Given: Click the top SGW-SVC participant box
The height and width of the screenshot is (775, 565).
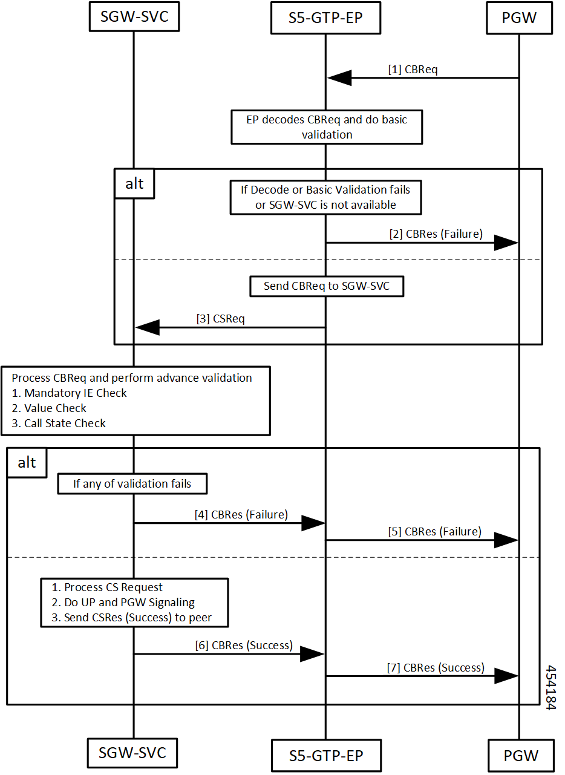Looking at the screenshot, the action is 134,16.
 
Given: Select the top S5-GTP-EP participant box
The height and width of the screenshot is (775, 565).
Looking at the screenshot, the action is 325,18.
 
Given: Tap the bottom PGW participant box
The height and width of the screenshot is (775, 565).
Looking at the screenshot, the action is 521,756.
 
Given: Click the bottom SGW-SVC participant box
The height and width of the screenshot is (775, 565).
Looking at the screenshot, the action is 132,753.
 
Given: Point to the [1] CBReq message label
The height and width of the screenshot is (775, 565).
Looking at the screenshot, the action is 413,70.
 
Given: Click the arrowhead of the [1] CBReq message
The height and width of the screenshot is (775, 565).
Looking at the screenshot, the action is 339,78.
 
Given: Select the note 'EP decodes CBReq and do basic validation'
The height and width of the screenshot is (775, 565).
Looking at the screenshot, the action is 327,127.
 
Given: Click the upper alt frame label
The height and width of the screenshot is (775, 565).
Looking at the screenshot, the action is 134,184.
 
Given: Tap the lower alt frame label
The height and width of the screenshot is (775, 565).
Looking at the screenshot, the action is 27,463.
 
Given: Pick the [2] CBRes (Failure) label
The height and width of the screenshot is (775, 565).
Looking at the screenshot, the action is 436,234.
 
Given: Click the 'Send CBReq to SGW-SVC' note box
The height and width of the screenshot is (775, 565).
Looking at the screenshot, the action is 327,286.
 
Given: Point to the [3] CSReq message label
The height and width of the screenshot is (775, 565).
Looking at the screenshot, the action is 220,319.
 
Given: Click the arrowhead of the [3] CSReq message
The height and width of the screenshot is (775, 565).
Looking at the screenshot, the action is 148,327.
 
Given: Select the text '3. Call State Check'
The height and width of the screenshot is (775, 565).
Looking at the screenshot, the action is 59,423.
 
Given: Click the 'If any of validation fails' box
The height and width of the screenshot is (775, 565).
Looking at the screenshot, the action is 132,483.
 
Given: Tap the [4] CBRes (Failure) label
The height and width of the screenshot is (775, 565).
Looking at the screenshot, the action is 241,515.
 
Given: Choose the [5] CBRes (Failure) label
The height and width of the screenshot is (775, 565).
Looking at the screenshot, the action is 434,532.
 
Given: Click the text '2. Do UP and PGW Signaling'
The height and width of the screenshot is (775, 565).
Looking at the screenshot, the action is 123,603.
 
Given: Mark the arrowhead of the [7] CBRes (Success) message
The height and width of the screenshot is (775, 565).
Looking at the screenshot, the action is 506,676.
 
